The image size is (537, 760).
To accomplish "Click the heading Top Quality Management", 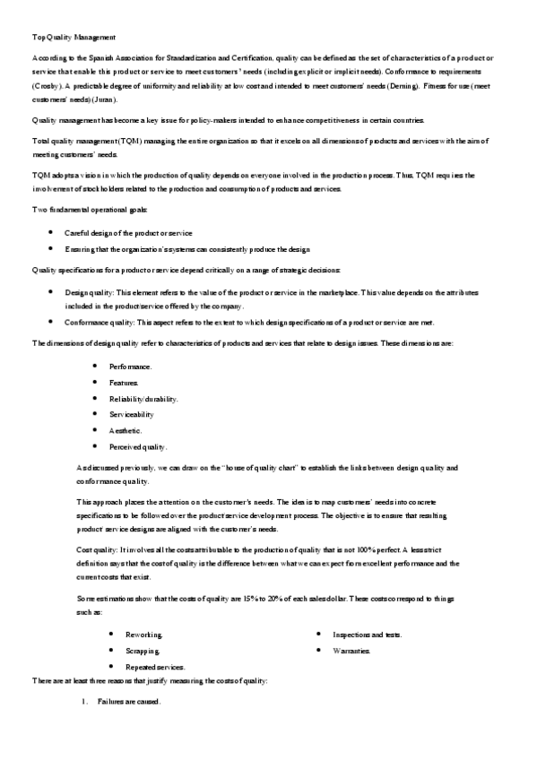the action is click(x=74, y=38).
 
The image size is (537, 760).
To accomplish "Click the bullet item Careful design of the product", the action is click(x=127, y=232).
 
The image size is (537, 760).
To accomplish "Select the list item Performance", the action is click(x=130, y=367).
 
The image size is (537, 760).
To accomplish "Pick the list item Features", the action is click(x=124, y=383).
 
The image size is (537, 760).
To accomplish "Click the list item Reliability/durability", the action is click(x=143, y=399).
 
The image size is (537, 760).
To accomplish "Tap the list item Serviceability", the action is click(x=132, y=415).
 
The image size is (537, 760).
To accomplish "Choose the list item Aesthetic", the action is click(x=126, y=431).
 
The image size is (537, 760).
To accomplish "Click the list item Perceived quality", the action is click(x=137, y=447).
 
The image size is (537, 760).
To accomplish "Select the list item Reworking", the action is click(x=143, y=635).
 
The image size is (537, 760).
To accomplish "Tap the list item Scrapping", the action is click(x=143, y=651).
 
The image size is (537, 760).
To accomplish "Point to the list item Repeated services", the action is click(x=155, y=667).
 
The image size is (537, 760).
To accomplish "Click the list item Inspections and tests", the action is click(x=367, y=635).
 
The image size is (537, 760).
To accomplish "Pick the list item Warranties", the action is click(x=351, y=651).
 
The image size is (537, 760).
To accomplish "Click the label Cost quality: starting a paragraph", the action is click(x=98, y=548).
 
